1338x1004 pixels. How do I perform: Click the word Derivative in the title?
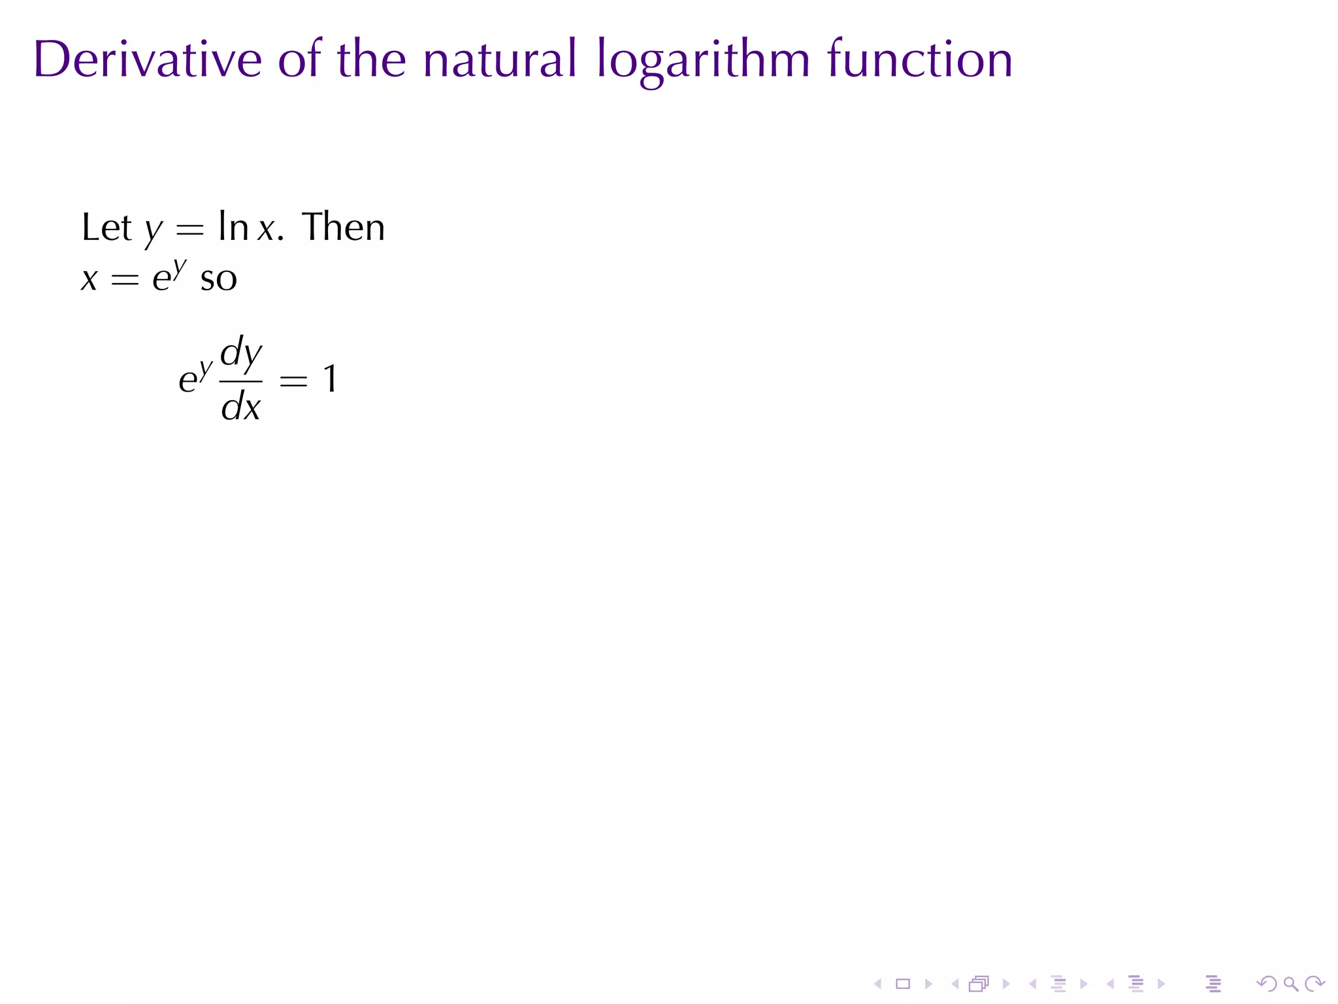click(148, 60)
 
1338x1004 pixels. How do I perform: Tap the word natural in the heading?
click(500, 60)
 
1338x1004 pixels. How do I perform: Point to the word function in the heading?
click(920, 60)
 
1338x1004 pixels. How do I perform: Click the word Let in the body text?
click(106, 228)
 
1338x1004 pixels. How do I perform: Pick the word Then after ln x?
click(344, 228)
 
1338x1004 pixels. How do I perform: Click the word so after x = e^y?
click(218, 279)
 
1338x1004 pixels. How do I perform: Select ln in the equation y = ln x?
click(233, 228)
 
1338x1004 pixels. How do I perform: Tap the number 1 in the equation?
click(330, 379)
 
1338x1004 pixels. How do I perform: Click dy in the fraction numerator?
click(241, 354)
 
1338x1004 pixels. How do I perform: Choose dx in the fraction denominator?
click(241, 407)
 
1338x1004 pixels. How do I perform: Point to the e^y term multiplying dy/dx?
click(195, 378)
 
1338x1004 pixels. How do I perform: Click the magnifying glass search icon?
click(1290, 984)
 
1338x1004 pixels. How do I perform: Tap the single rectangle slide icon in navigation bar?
click(903, 984)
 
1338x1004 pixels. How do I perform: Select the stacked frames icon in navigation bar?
click(979, 984)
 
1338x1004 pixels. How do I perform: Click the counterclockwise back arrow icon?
click(1266, 984)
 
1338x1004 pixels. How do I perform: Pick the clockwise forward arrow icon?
click(1314, 984)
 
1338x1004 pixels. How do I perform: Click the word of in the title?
click(299, 60)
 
